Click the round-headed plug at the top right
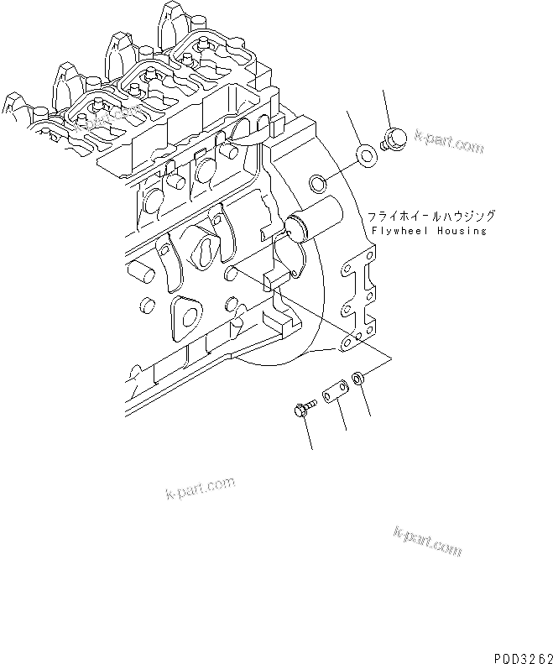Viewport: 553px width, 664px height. [393, 137]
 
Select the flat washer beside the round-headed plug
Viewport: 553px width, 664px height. [366, 155]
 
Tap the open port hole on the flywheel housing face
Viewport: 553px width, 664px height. [318, 182]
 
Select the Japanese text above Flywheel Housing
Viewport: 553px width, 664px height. [425, 217]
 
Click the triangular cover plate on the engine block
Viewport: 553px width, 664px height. [188, 318]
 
